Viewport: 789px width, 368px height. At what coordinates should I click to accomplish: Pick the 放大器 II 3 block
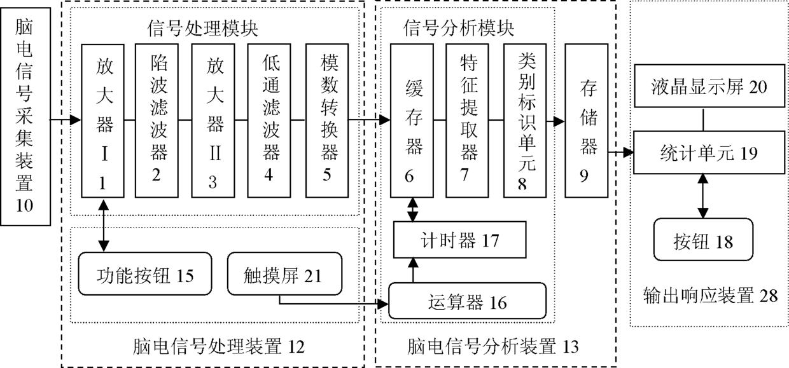[212, 120]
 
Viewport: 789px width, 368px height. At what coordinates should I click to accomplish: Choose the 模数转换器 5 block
[326, 120]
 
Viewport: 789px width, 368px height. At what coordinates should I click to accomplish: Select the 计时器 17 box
[459, 241]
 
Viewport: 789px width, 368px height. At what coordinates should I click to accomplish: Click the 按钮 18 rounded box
[702, 241]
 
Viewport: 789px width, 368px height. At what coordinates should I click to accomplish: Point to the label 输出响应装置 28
[710, 296]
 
